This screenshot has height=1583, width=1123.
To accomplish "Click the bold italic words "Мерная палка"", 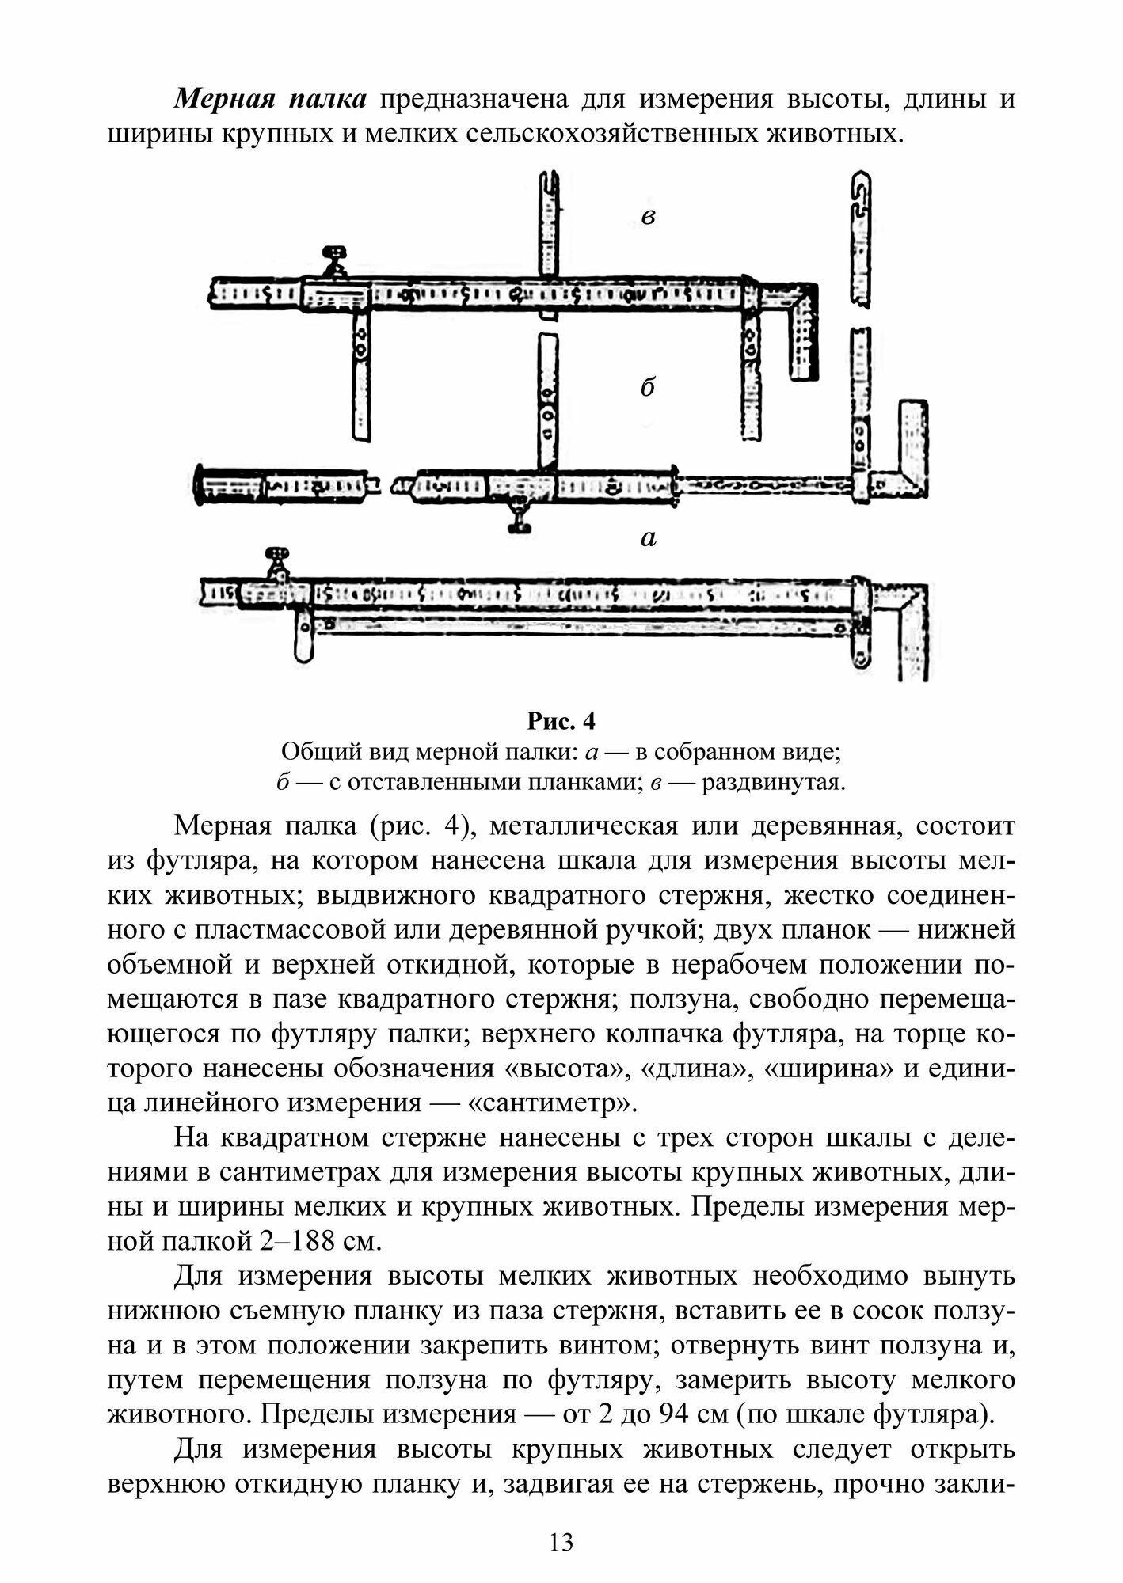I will pos(270,100).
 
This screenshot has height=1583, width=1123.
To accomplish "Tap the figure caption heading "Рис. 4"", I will pos(561,722).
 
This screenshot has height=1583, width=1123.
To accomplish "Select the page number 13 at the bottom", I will pos(561,1542).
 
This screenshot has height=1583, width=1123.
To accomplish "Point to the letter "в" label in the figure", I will pos(648,216).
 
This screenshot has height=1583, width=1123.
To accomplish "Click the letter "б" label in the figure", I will pos(648,388).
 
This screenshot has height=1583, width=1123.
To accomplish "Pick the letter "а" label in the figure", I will pos(648,539).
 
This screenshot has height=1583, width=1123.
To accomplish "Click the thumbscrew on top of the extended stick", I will pos(337,260).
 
